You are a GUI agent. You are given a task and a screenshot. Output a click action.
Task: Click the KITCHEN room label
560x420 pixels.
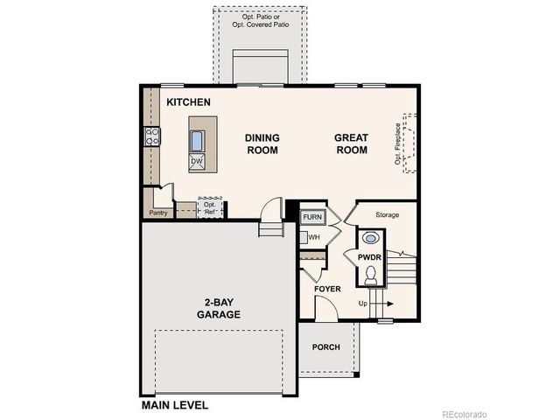point(188,103)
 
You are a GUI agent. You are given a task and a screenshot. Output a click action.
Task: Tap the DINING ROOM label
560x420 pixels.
point(262,143)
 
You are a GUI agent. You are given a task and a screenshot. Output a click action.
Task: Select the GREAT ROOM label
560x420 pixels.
point(351,143)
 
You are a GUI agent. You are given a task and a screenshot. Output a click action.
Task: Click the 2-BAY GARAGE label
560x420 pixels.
point(218,308)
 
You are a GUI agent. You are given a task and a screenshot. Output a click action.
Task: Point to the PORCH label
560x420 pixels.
point(326,347)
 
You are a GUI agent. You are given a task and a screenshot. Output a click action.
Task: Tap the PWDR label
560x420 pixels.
point(368,256)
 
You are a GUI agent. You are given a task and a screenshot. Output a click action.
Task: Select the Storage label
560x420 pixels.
point(387,214)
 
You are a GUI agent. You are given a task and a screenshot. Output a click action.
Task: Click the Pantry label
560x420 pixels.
point(158,213)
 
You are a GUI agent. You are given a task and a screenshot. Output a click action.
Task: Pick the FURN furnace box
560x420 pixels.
point(312,216)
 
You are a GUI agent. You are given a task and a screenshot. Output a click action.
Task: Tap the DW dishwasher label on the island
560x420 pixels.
point(197,162)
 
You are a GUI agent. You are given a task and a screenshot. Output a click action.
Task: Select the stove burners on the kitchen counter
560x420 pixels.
point(152,136)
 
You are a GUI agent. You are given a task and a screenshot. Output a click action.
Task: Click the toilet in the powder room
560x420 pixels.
point(369,276)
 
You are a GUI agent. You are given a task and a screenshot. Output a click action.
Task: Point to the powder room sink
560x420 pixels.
point(369,237)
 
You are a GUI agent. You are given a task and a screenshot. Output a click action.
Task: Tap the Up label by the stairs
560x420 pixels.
point(364,304)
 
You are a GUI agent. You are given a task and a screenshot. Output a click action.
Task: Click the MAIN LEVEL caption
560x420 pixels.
point(175,405)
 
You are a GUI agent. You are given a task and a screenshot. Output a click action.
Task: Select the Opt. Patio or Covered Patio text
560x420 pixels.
point(260,21)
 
